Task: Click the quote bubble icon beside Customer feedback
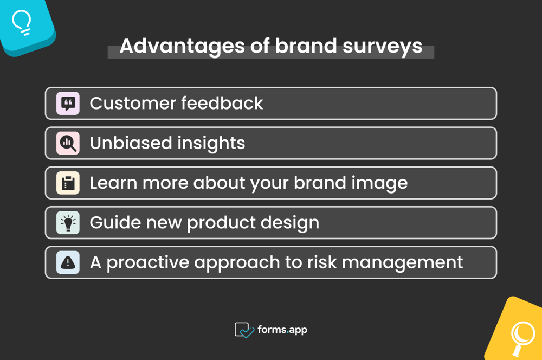(68, 103)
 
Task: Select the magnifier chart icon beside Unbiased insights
(68, 143)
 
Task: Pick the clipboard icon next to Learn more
(68, 183)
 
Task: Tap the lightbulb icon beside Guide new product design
(68, 223)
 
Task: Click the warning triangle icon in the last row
(68, 262)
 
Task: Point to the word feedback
(222, 103)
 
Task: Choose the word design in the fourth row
(292, 223)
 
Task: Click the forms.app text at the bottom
(282, 329)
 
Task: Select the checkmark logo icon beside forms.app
(244, 330)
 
